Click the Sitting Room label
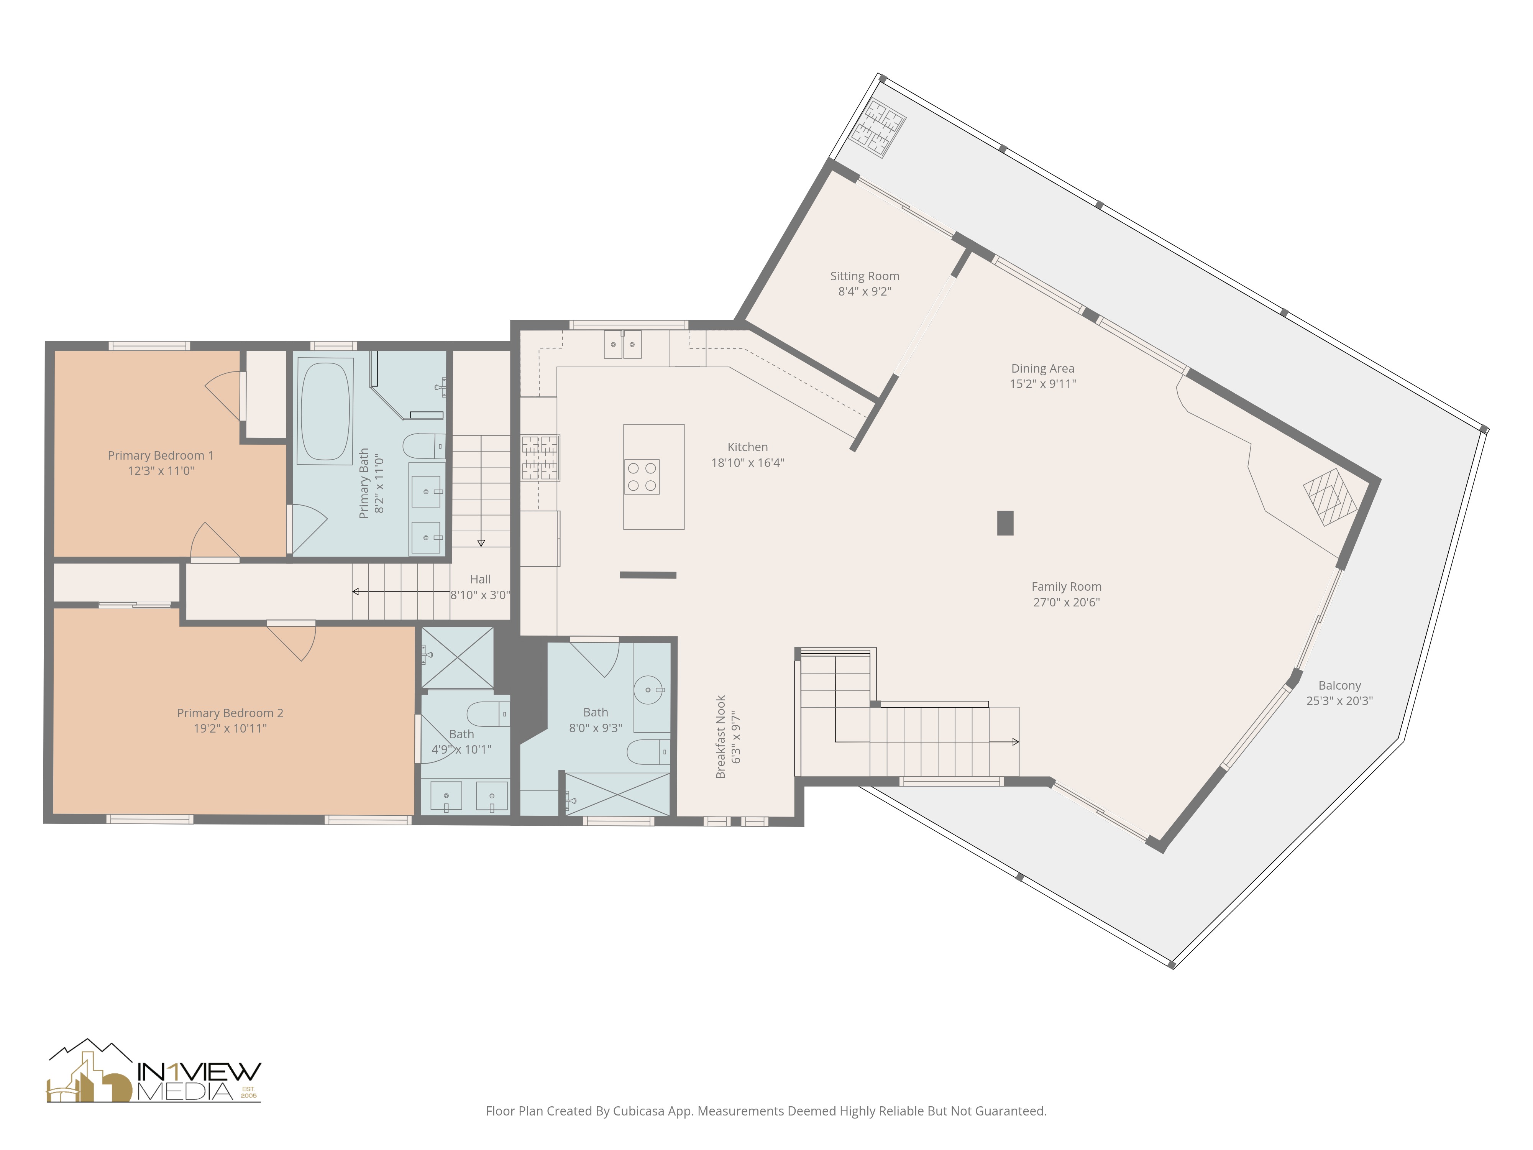pos(864,276)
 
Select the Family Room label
pos(1066,586)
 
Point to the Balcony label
pos(1339,685)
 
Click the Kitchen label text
pos(747,447)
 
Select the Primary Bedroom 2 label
pos(230,713)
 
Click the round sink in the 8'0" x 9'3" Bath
pos(649,690)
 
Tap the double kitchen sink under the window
pos(622,345)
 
